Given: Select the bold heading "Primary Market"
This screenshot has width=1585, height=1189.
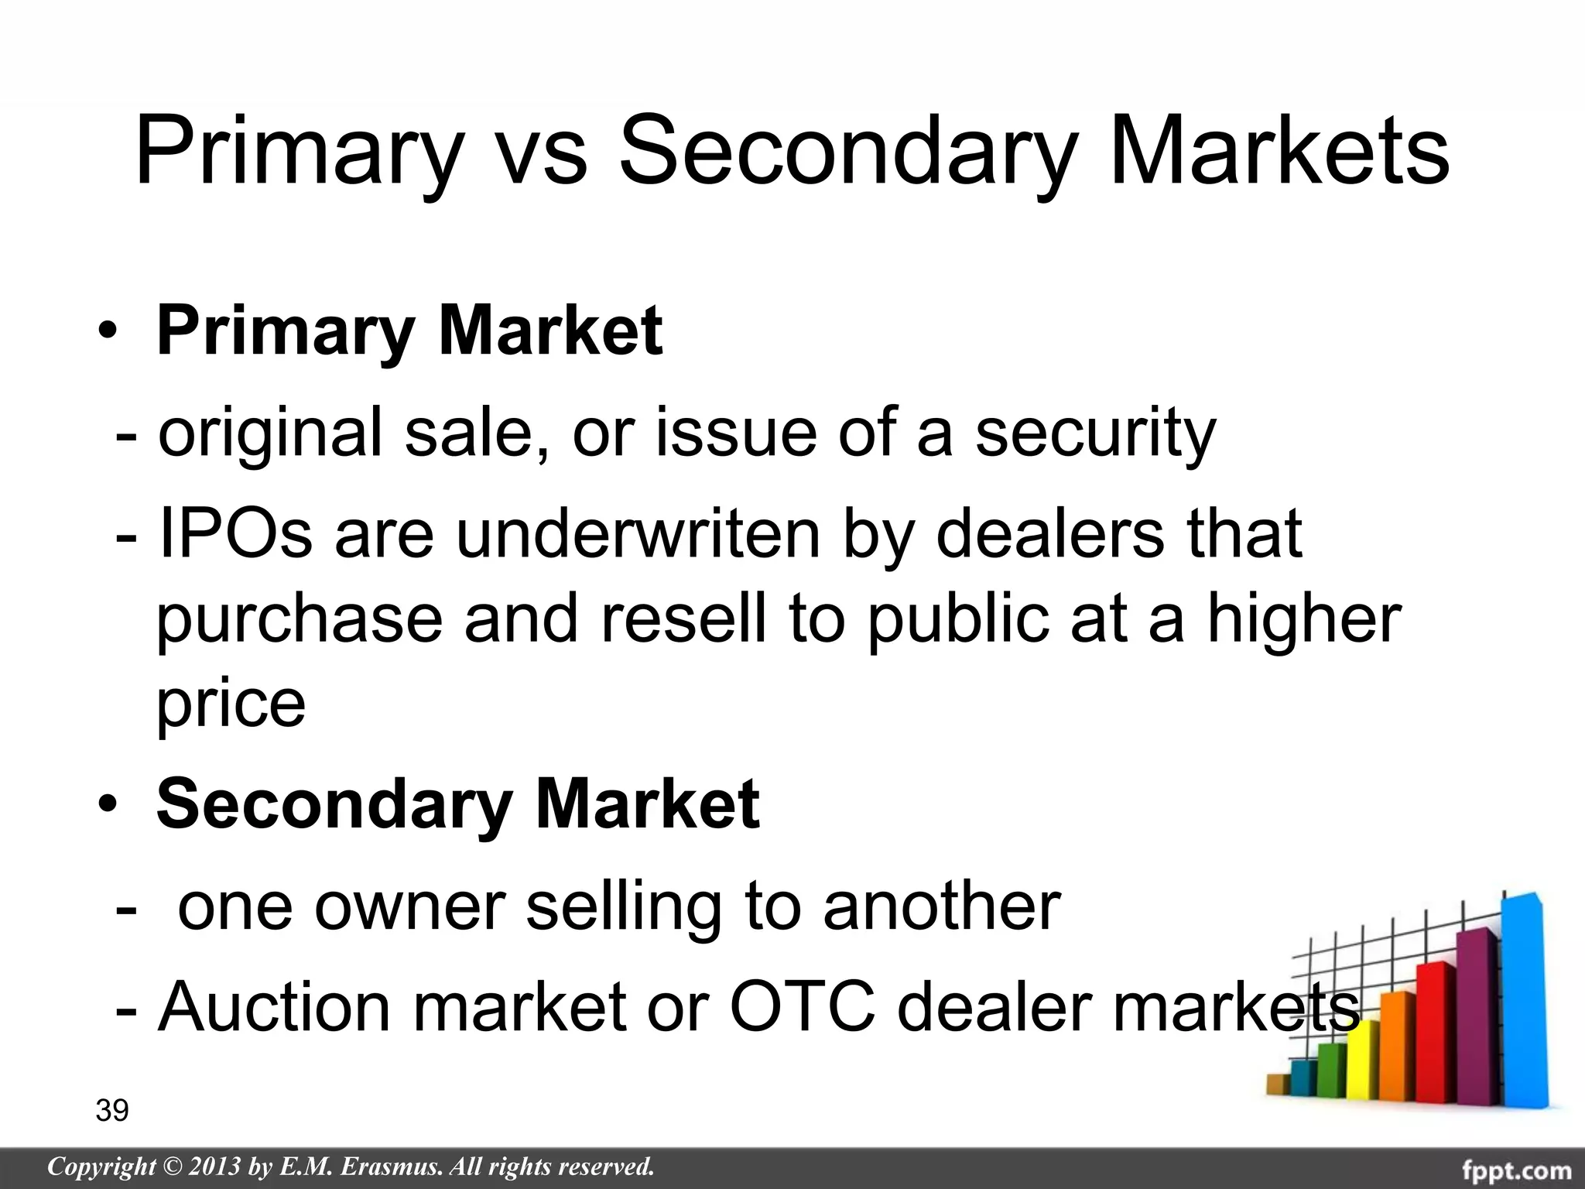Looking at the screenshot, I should point(409,331).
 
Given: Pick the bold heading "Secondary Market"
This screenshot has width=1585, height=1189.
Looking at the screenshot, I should point(458,805).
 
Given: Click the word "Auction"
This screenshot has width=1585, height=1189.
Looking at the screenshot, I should point(275,1006).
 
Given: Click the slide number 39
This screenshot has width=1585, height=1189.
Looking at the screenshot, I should point(112,1111).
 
